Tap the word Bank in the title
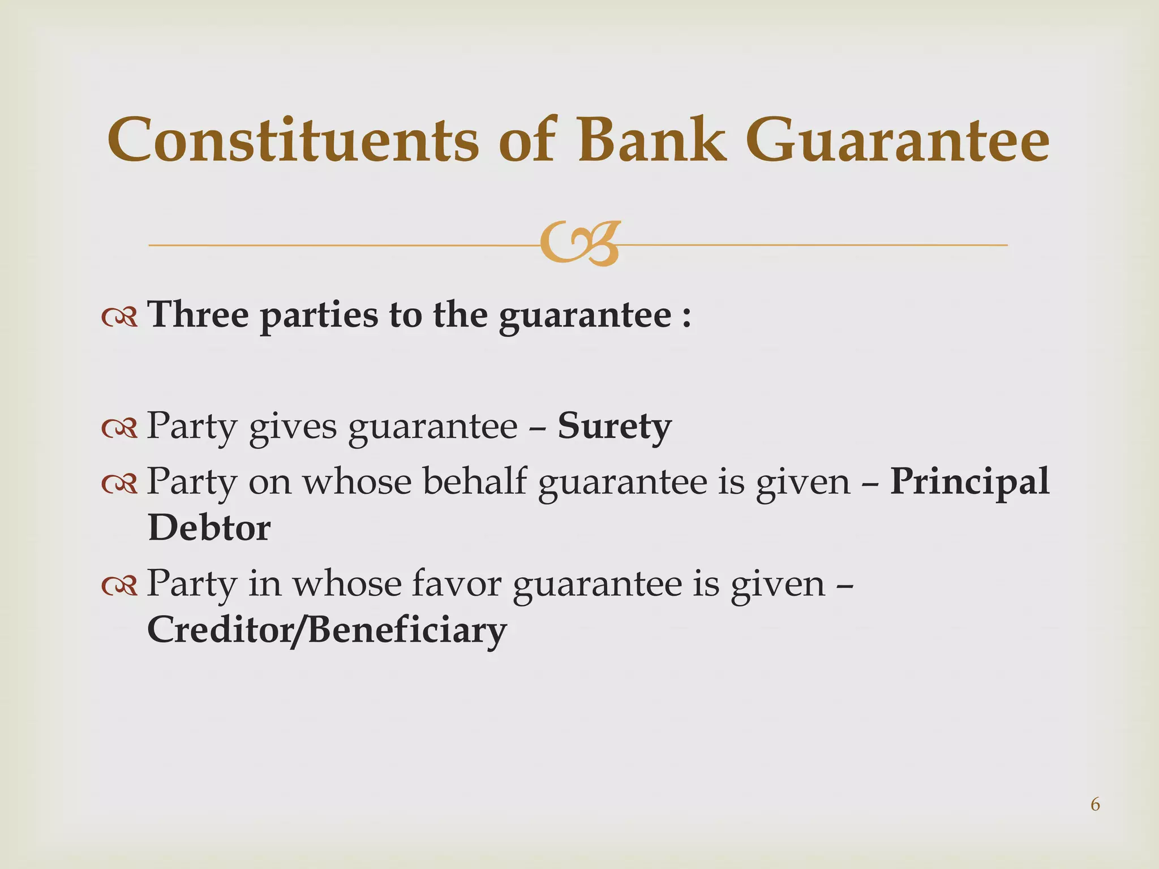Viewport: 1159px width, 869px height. pyautogui.click(x=651, y=140)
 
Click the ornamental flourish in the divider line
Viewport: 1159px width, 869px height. pyautogui.click(x=579, y=244)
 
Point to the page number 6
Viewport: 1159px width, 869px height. pyautogui.click(x=1095, y=804)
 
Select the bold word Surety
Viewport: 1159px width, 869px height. pyautogui.click(x=615, y=427)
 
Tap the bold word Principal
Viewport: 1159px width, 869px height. pyautogui.click(x=969, y=481)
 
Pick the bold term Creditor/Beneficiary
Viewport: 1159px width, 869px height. pyautogui.click(x=327, y=630)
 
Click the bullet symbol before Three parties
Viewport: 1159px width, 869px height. pyautogui.click(x=119, y=318)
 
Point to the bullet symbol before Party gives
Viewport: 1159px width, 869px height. pyautogui.click(x=119, y=429)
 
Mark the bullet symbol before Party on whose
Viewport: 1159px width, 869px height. pyautogui.click(x=119, y=484)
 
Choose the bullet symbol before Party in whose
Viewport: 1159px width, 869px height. pyautogui.click(x=119, y=586)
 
